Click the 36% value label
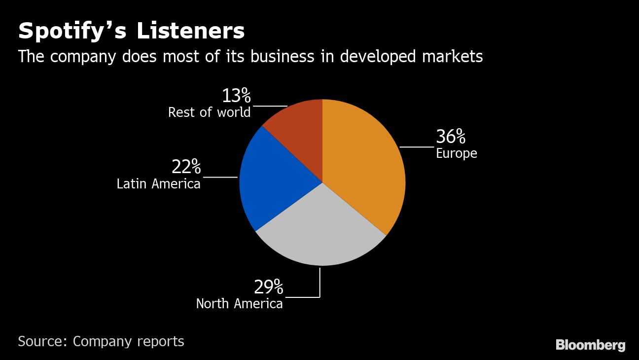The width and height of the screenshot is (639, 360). click(451, 137)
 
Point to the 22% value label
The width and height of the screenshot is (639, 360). click(186, 167)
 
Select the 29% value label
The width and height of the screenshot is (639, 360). click(269, 286)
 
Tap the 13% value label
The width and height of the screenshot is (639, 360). click(236, 96)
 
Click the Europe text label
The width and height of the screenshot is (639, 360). click(457, 153)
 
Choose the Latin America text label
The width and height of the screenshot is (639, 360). click(159, 184)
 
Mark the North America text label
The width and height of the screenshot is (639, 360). click(240, 303)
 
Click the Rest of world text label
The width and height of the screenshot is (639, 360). click(209, 112)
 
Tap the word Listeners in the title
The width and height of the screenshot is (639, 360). click(190, 31)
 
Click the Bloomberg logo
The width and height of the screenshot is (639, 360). click(590, 345)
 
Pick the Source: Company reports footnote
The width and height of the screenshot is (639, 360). click(101, 341)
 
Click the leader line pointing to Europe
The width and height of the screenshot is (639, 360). click(417, 147)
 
